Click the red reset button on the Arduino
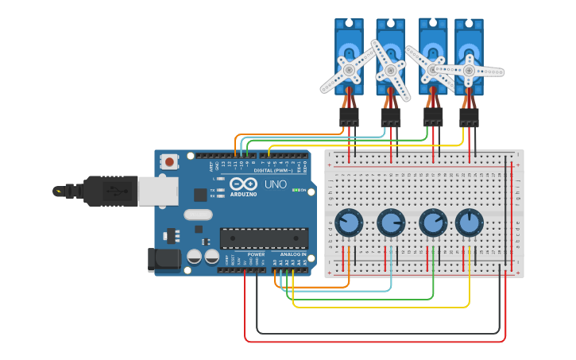pos(169,162)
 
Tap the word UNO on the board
pos(275,184)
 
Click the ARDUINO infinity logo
pos(242,184)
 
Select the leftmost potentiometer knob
pos(349,223)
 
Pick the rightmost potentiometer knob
pos(470,223)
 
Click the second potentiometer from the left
pos(391,223)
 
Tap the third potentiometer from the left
pos(433,223)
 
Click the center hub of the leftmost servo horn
pos(349,70)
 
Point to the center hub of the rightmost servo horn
pos(469,71)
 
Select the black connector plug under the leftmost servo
pos(349,117)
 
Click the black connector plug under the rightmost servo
pos(469,118)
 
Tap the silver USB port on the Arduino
pos(157,191)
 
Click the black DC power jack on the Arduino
pos(164,259)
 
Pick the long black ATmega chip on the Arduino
pos(264,238)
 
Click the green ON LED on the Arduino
pos(296,190)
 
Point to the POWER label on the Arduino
pos(256,254)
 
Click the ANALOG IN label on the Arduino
pos(292,254)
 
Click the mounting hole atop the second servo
pos(390,25)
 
